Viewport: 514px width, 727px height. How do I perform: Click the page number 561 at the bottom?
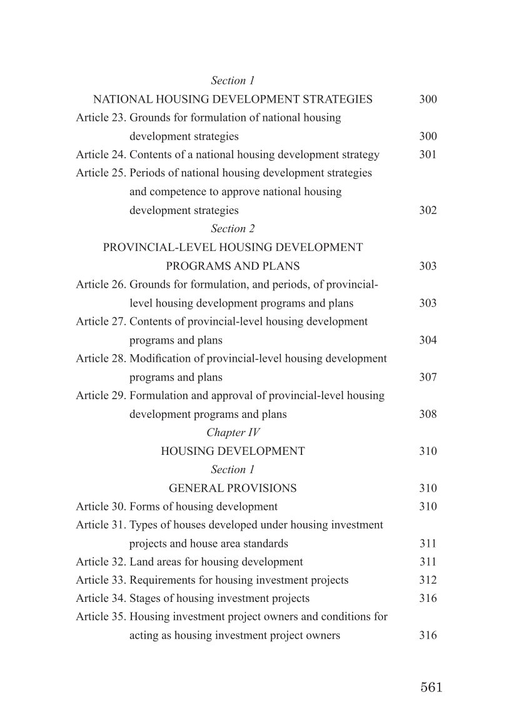coord(431,688)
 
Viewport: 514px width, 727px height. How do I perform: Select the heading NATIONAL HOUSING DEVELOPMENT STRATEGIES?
coord(233,99)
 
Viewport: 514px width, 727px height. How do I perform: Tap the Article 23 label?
coord(101,118)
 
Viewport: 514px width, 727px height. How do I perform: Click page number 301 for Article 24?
coord(428,155)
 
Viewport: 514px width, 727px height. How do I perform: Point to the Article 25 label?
coord(101,173)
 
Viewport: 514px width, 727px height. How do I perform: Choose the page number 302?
coord(428,210)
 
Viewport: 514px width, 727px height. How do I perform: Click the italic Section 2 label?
coord(233,228)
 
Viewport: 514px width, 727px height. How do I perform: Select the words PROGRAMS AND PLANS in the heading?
coord(233,266)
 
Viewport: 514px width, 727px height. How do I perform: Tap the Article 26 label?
coord(101,285)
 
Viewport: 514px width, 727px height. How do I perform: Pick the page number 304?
coord(428,340)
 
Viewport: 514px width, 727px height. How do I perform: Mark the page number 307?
coord(428,377)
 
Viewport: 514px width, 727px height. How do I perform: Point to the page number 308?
coord(428,414)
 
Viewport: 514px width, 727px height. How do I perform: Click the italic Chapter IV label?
coord(233,432)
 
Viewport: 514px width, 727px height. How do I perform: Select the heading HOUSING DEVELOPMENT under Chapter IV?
coord(233,451)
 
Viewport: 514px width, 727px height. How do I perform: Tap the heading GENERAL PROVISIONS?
coord(233,488)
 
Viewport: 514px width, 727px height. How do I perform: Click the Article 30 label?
coord(101,506)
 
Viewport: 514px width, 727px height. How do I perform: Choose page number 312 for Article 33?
coord(428,580)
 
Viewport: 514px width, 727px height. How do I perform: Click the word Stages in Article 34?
coord(145,598)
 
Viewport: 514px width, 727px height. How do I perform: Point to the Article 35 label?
coord(101,617)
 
